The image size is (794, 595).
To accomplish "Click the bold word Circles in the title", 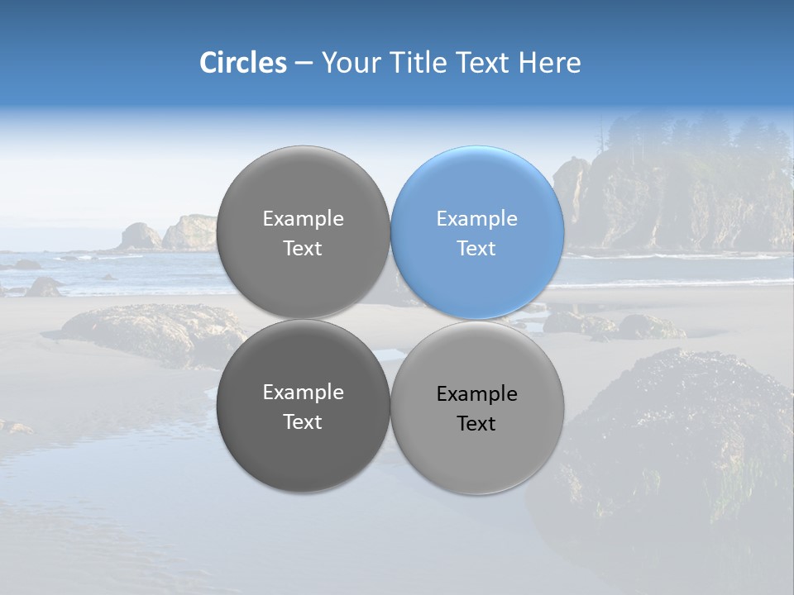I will point(242,63).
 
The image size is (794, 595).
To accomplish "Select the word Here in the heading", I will point(549,63).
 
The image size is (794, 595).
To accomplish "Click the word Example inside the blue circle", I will point(477,219).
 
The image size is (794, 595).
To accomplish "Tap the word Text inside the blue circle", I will point(477,249).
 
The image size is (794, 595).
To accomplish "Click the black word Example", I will point(477,394).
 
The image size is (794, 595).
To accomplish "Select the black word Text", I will point(477,424).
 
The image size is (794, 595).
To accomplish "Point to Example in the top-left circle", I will point(303,219).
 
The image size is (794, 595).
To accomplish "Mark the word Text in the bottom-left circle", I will point(303,422).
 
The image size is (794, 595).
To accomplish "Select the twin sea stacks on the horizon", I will point(165,234).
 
